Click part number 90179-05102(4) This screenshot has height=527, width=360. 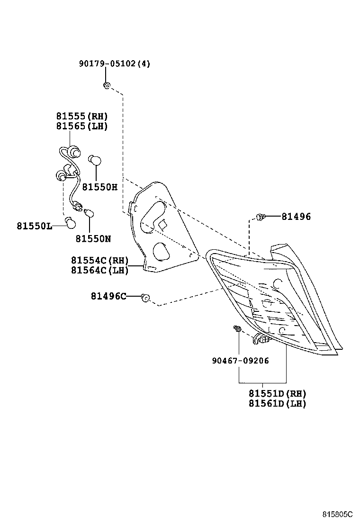click(114, 64)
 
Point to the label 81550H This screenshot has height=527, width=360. click(99, 187)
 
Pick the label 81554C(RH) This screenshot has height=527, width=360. click(100, 260)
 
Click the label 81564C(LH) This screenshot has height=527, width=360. click(100, 270)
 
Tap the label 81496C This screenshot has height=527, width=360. click(108, 297)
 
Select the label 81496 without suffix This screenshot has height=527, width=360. click(296, 217)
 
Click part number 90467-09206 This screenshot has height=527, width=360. click(240, 361)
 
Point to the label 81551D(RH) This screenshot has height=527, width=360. click(277, 393)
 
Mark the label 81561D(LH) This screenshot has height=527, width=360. click(277, 404)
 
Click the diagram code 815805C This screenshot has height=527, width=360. click(338, 514)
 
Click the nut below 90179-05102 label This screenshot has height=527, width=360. click(107, 86)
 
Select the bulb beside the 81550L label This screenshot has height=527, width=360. click(70, 222)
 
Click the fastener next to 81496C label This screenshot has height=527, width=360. click(146, 298)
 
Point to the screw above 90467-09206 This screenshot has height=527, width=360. click(237, 328)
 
